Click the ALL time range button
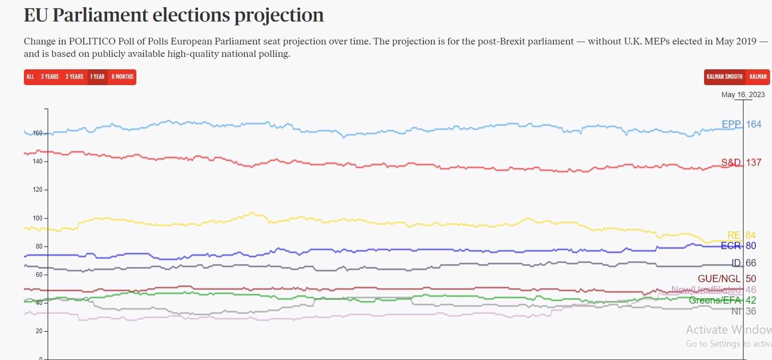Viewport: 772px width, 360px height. [x=30, y=77]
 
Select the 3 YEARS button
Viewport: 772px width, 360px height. [x=49, y=77]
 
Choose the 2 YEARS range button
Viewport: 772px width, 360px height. [x=74, y=77]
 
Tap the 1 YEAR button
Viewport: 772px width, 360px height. [x=97, y=77]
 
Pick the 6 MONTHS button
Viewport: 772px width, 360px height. [x=122, y=77]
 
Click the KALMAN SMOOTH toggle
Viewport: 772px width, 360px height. [x=724, y=77]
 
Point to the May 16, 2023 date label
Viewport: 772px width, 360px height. [x=743, y=95]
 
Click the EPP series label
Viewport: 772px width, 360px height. [x=731, y=124]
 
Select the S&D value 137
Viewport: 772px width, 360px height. [x=754, y=163]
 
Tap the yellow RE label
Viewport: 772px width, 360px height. [x=734, y=235]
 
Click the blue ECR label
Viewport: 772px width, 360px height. [x=730, y=246]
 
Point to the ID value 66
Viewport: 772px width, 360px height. [x=751, y=263]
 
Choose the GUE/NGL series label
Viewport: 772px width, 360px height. [x=719, y=279]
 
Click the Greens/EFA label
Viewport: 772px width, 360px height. [x=715, y=300]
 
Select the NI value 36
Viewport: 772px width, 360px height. [x=751, y=311]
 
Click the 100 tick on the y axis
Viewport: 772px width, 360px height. [x=38, y=218]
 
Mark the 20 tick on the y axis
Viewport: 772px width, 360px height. [x=39, y=331]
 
